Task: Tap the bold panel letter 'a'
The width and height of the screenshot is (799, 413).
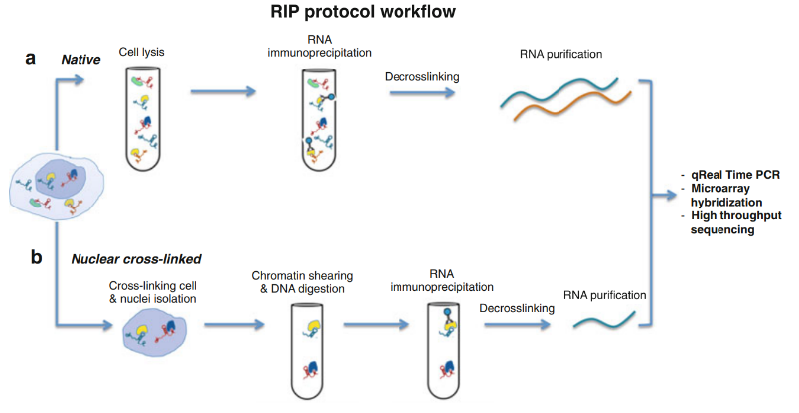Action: (32, 58)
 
